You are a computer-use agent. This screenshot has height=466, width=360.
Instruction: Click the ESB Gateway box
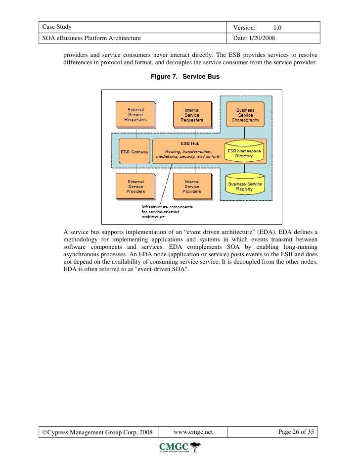coord(134,152)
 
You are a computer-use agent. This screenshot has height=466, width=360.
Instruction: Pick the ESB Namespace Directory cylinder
coord(244,152)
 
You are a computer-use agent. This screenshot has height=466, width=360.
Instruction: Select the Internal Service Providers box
coord(192,186)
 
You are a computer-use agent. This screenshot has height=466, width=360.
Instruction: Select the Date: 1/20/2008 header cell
coord(254,38)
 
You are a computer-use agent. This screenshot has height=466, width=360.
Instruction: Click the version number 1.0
coord(278,27)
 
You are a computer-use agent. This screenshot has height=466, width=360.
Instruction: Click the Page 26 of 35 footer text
coord(296,432)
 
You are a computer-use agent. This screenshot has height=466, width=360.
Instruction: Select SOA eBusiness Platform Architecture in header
coord(91,38)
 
